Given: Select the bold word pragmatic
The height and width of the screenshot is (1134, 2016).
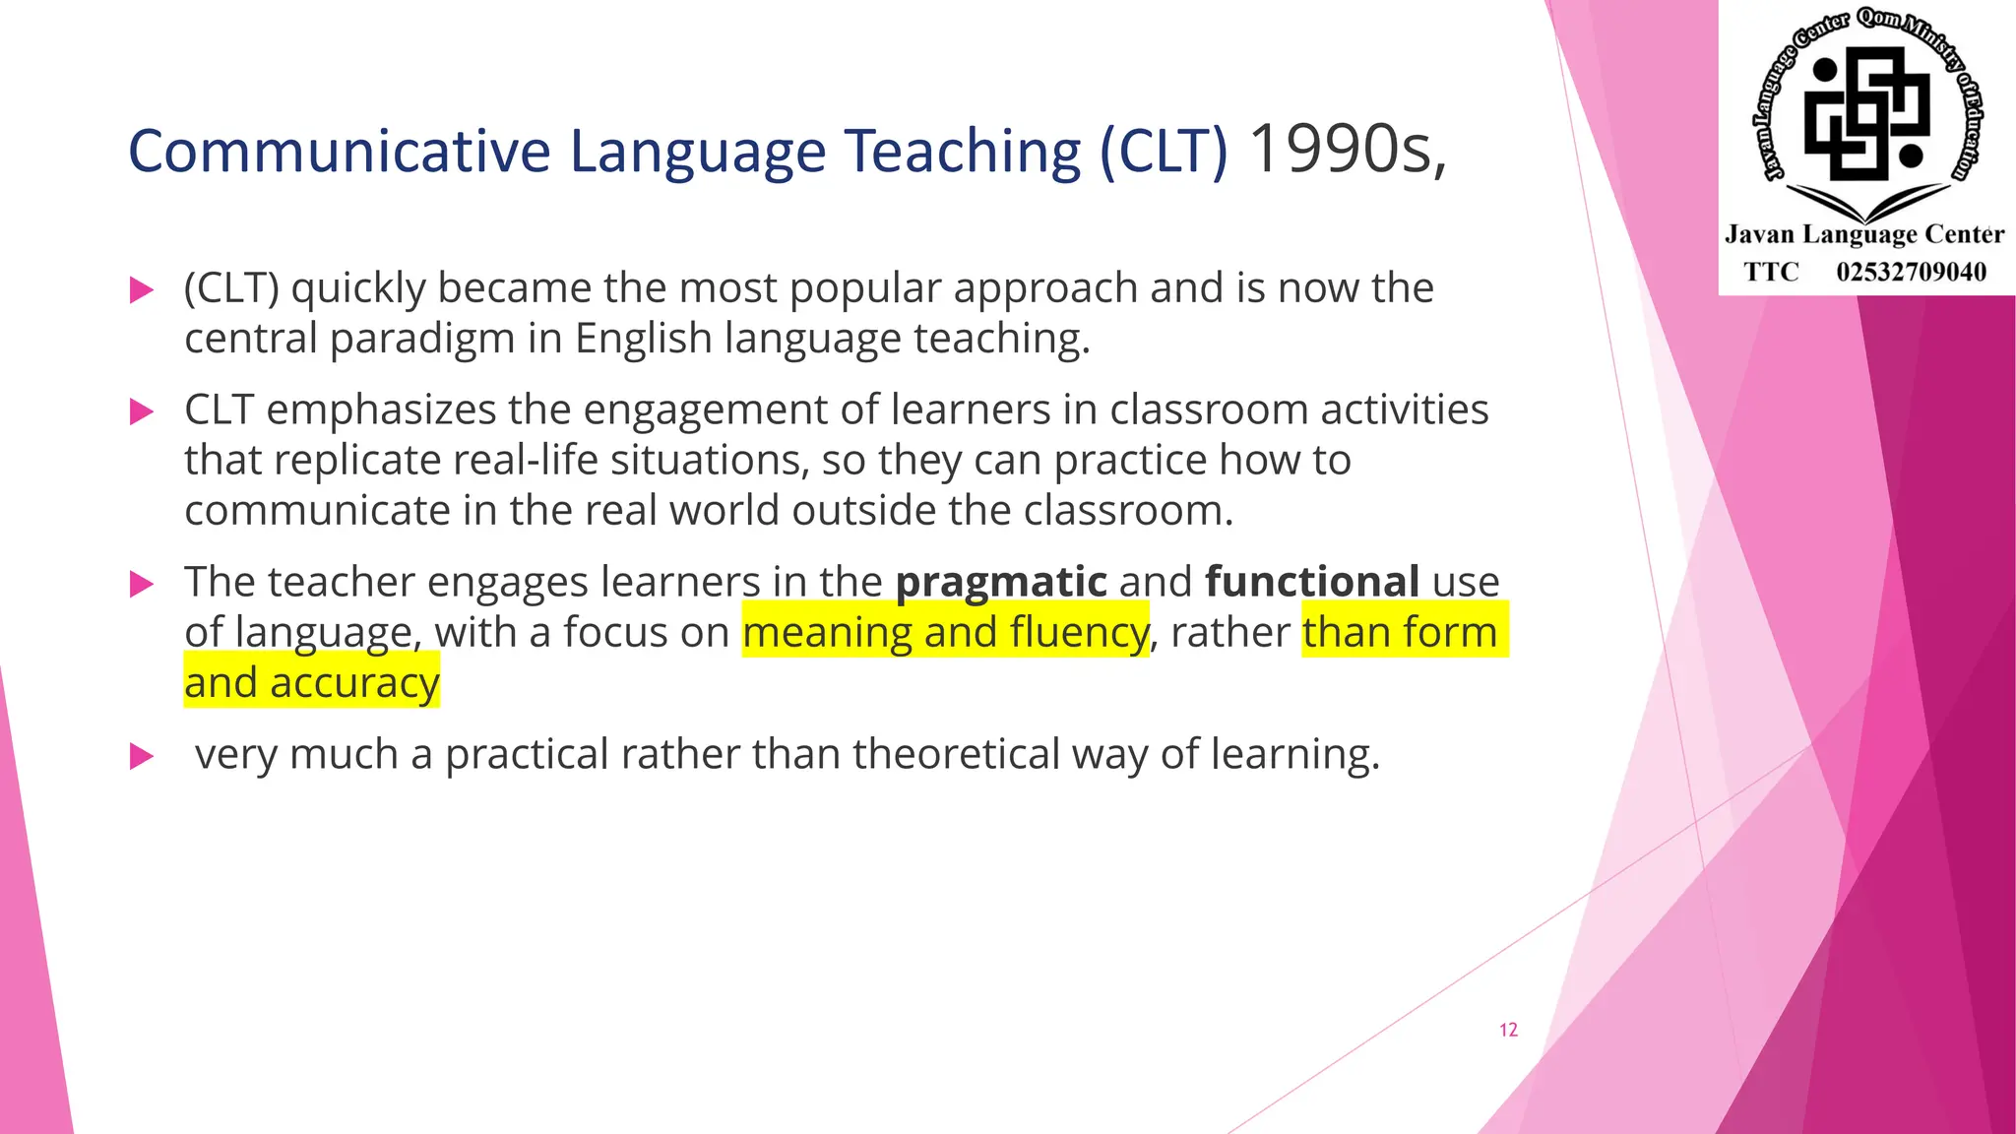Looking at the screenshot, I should pos(1001,582).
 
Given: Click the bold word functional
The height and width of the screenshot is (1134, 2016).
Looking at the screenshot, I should pos(1311,582).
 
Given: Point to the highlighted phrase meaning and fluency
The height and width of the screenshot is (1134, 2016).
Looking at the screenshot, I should pos(945,632).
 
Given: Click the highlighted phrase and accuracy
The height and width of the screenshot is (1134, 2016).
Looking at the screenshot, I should pos(311,682).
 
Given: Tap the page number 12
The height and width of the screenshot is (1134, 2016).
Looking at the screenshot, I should pos(1508,1030).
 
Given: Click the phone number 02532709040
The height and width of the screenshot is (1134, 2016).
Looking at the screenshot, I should pos(1911,272).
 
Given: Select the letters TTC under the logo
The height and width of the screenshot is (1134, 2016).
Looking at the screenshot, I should pos(1771,272).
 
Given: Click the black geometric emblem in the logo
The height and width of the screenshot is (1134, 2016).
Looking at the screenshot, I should pos(1864,113).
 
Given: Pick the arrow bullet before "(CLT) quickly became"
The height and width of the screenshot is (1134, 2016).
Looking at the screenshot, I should pos(142,289).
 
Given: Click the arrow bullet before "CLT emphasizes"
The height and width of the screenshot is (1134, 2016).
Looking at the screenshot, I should pos(142,411).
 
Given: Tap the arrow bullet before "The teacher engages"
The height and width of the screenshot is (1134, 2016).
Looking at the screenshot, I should pos(142,584).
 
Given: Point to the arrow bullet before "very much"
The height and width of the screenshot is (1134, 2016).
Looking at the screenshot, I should pos(142,756).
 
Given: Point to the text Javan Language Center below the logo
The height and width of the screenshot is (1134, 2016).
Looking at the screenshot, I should pos(1863,234).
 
